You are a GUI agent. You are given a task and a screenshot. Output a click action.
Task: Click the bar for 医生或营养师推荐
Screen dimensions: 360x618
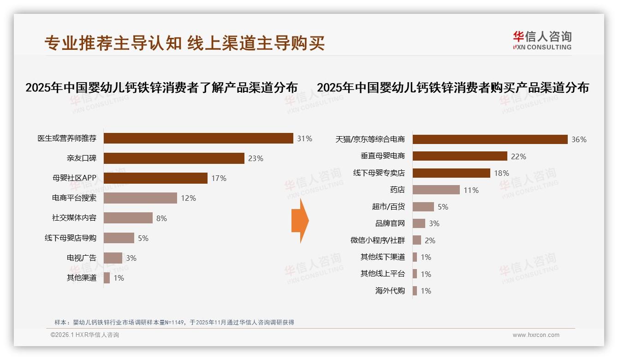198,138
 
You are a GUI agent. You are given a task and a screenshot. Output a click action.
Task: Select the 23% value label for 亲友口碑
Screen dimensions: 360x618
256,158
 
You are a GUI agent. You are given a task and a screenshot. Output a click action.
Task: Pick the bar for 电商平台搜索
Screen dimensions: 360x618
140,198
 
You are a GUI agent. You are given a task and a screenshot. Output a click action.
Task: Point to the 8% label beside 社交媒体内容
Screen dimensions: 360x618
161,218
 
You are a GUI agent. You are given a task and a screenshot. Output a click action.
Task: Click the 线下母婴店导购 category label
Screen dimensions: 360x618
71,238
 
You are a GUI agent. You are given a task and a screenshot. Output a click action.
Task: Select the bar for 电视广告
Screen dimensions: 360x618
113,258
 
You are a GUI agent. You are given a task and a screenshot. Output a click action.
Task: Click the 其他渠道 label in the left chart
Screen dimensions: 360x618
82,278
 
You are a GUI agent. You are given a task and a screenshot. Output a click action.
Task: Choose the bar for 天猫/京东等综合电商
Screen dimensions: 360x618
490,139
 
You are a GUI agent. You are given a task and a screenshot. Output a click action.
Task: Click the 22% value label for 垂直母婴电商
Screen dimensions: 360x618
518,156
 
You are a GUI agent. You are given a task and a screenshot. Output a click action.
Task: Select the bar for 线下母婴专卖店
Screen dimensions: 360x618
451,173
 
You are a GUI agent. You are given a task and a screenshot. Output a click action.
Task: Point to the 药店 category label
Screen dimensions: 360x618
397,190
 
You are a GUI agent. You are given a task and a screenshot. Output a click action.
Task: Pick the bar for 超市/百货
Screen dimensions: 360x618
423,207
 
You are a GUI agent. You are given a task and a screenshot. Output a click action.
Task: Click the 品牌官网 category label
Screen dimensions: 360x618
390,223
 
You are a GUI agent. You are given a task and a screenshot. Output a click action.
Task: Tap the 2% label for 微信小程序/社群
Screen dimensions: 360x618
430,240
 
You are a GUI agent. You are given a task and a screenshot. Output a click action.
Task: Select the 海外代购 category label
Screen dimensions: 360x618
390,291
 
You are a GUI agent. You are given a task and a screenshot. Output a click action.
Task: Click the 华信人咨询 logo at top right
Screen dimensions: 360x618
542,40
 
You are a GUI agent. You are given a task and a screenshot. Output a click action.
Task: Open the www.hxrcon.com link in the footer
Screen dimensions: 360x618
536,335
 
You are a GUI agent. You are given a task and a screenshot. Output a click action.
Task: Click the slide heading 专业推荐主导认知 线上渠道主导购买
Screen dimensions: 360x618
184,43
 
